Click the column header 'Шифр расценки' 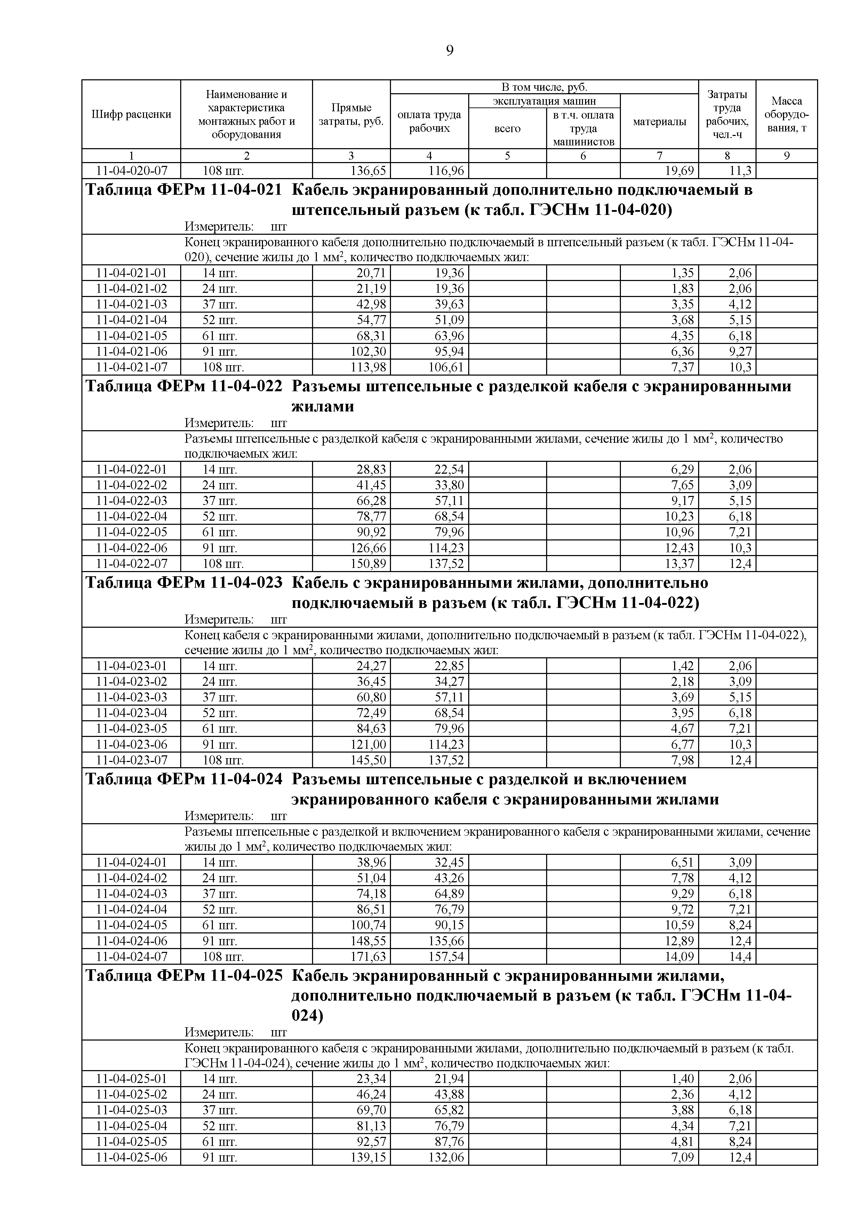[x=131, y=114]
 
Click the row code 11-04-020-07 [x=131, y=170]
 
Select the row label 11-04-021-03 [x=131, y=304]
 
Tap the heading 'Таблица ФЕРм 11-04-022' [x=184, y=386]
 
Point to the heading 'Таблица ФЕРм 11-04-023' [x=184, y=583]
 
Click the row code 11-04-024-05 [x=131, y=925]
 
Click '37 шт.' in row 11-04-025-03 [x=219, y=1110]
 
